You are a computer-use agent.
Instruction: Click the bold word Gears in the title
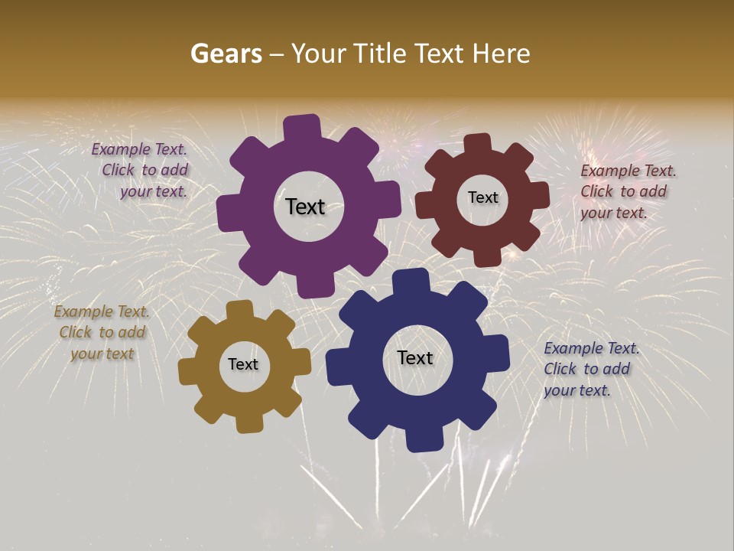coord(226,54)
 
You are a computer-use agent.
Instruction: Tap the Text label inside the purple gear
coord(305,207)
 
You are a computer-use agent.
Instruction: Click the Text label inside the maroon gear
coord(482,197)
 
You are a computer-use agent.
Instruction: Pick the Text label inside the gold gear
coord(243,365)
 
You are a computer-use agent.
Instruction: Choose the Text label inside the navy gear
coord(415,358)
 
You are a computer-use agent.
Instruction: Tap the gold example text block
coord(102,333)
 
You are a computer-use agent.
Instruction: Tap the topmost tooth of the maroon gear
coord(478,143)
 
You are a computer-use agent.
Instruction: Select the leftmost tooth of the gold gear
coord(188,372)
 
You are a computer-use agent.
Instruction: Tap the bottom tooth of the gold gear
coord(248,422)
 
